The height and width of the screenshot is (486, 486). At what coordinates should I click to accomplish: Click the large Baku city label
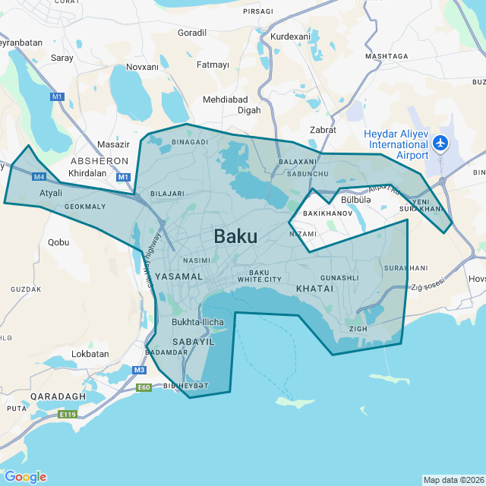[x=235, y=236]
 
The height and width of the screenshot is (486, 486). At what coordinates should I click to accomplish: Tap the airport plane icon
[x=440, y=143]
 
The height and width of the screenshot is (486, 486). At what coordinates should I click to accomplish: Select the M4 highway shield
[x=40, y=177]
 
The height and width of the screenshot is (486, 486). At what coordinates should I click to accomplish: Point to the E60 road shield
[x=144, y=387]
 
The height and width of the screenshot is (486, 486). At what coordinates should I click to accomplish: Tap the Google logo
[x=25, y=476]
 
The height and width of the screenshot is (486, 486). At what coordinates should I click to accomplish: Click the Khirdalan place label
[x=87, y=173]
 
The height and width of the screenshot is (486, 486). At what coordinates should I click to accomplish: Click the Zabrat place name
[x=323, y=130]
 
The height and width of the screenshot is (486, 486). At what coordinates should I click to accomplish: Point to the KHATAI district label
[x=314, y=289]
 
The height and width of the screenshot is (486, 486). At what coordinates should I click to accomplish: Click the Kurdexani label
[x=290, y=36]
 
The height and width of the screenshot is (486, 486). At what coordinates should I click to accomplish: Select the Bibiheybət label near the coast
[x=185, y=386]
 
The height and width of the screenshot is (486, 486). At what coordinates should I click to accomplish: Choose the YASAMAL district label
[x=179, y=276]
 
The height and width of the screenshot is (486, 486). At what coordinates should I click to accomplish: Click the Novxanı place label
[x=142, y=67]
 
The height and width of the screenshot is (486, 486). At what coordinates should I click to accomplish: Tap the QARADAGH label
[x=58, y=396]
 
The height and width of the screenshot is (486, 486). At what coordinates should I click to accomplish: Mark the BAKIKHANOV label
[x=328, y=214]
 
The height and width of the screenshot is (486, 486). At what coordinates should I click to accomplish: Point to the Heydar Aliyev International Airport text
[x=396, y=144]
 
